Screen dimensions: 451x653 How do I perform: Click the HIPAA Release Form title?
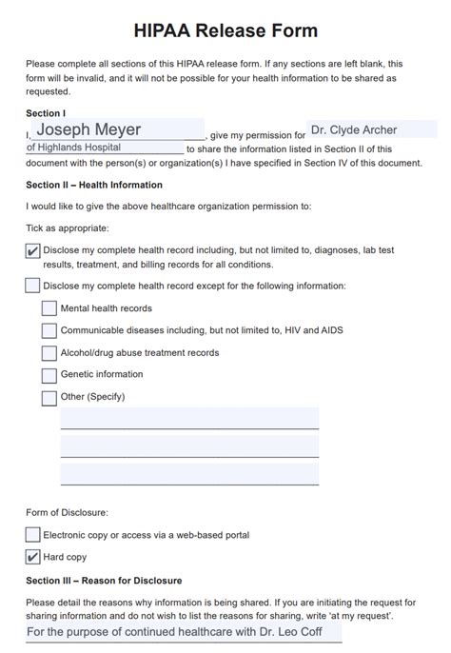point(225,32)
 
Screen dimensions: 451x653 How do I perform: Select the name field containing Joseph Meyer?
point(117,129)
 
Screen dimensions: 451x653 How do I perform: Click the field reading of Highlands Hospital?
point(105,148)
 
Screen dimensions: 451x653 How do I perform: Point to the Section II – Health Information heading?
point(94,185)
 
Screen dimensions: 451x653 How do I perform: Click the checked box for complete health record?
point(33,251)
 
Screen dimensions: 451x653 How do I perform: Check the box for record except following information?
point(33,286)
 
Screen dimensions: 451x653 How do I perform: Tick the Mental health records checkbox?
point(49,308)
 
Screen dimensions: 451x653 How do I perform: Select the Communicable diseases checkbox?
point(49,330)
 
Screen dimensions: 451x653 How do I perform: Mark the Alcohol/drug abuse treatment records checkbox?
point(49,353)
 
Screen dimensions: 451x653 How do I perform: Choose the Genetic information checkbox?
point(49,375)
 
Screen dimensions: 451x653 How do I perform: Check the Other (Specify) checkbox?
point(49,398)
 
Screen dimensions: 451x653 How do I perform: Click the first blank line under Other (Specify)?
point(189,419)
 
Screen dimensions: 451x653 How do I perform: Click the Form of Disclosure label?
point(67,512)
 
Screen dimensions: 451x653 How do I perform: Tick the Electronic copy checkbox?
point(33,535)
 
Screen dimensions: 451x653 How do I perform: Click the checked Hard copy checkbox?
point(33,557)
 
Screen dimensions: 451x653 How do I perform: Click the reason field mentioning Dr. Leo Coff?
point(183,632)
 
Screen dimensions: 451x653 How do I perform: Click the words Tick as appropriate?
point(68,228)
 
